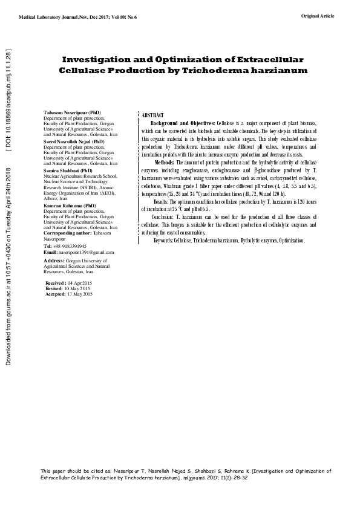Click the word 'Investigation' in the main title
106,60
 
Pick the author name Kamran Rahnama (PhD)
67,206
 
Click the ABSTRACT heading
152,115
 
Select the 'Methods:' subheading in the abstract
166,163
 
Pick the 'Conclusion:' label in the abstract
163,216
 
